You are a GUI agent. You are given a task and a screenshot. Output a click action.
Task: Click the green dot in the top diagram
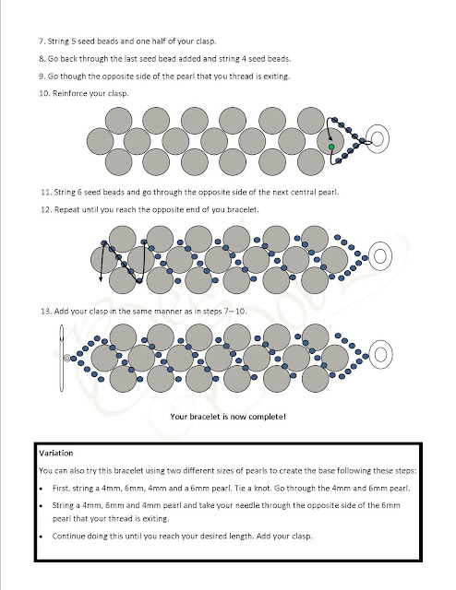tap(331, 147)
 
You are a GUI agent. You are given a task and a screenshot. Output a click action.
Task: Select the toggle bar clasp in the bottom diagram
tap(62, 358)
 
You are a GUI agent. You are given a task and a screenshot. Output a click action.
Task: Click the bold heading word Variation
tap(55, 453)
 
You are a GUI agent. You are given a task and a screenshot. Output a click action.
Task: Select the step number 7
tap(42, 41)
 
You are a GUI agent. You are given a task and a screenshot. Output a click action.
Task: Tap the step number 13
tap(46, 312)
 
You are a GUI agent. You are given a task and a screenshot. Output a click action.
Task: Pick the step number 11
tap(45, 193)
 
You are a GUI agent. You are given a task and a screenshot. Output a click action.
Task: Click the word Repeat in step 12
tap(66, 209)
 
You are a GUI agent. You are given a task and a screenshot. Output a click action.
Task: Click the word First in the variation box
tap(61, 489)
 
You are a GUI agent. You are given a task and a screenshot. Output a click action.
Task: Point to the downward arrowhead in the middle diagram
tap(101, 278)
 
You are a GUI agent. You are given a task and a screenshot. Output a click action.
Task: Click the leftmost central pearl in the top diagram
tap(101, 141)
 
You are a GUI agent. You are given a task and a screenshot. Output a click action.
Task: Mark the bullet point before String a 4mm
tap(42, 506)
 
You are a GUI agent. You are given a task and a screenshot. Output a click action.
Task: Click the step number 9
tap(42, 77)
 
